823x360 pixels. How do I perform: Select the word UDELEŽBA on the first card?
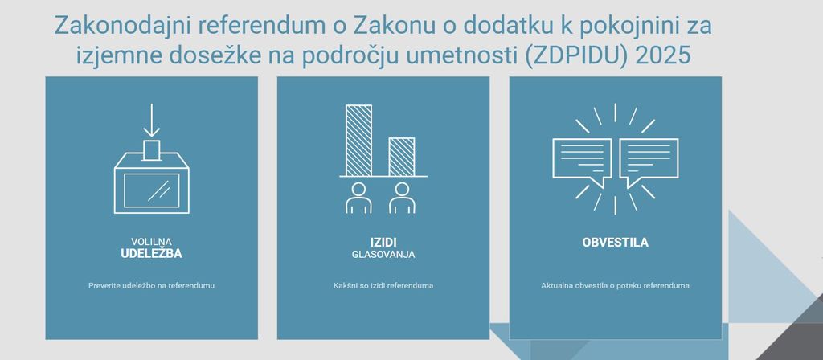[x=151, y=253]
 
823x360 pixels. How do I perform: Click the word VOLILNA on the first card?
[x=151, y=242]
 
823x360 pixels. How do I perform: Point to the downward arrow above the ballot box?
[x=151, y=121]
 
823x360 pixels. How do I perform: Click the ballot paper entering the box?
[x=151, y=149]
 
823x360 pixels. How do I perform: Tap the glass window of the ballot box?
[x=151, y=190]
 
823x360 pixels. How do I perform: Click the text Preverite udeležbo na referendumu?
[x=151, y=286]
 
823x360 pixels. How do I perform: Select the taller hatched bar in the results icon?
[x=358, y=140]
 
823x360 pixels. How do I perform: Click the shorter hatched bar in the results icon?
[x=402, y=157]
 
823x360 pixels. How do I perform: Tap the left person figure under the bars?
[x=358, y=198]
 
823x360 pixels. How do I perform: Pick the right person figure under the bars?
[x=402, y=198]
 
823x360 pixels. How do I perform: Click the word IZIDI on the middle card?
[x=383, y=243]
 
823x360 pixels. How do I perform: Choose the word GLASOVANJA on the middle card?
[x=383, y=255]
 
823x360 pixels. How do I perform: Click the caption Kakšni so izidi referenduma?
[x=383, y=286]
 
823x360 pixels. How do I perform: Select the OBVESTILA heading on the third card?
[x=615, y=243]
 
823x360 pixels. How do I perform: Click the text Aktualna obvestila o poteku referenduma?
[x=615, y=286]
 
